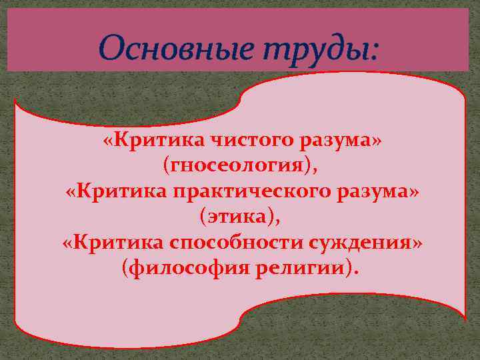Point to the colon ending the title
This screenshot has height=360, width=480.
[x=373, y=51]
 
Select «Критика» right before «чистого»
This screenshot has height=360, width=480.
[x=147, y=141]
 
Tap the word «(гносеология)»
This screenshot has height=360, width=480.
[x=238, y=167]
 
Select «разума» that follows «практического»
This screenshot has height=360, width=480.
[x=375, y=193]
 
